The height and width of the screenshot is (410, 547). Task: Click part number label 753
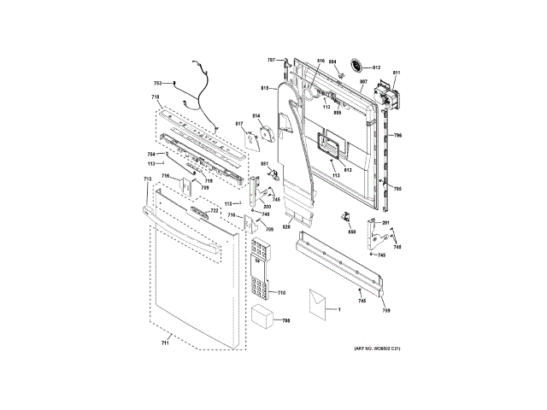pos(157,83)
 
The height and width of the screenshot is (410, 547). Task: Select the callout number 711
pos(166,342)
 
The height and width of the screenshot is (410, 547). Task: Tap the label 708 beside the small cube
pos(286,321)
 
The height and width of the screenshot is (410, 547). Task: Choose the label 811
pos(396,73)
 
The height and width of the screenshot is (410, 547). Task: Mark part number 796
pos(397,135)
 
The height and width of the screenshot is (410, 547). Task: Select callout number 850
pos(351,231)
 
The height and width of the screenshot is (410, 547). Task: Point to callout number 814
pos(256,115)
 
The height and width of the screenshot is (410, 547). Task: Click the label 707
pos(271,60)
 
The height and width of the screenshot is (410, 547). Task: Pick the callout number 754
pos(151,154)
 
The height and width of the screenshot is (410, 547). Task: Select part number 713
pos(147,179)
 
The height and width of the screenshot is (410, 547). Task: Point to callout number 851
pos(265,163)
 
